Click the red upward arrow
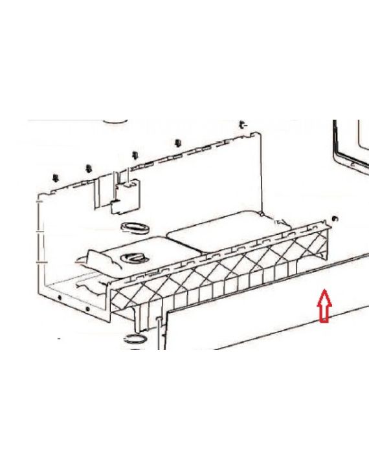[324, 306]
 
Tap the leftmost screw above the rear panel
[56, 175]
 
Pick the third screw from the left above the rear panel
[135, 155]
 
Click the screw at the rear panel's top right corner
[242, 124]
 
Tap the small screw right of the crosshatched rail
[335, 219]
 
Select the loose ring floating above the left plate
[134, 227]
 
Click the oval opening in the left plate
[135, 258]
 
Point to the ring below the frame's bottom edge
[135, 338]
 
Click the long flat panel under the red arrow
[259, 311]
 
